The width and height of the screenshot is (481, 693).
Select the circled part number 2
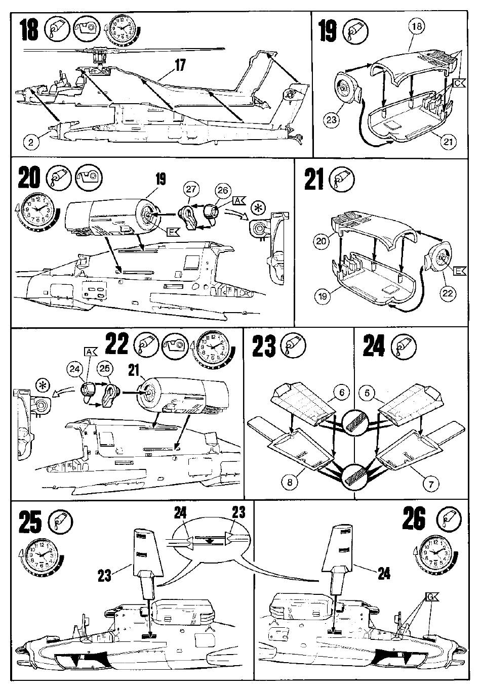[31, 142]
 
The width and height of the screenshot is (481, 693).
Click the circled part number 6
[342, 393]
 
